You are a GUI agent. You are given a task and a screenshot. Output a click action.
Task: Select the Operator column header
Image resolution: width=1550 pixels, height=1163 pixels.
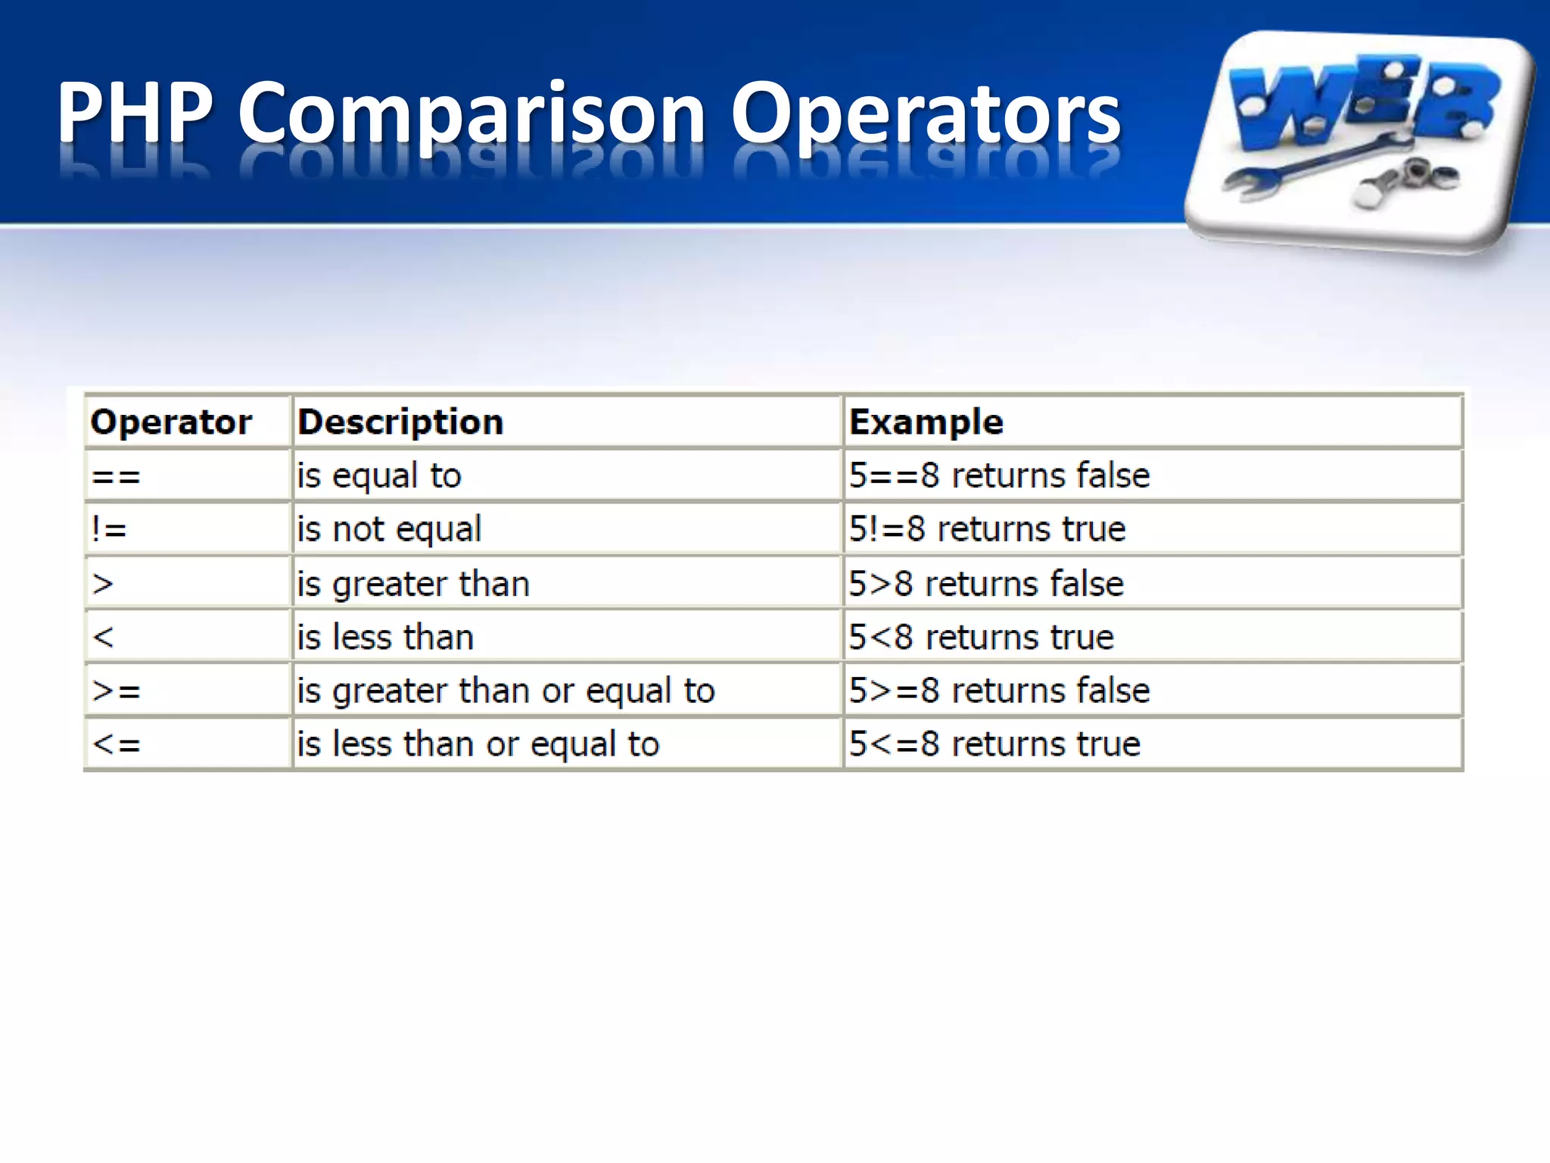pos(171,422)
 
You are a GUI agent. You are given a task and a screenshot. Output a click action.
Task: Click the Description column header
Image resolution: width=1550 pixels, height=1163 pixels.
pos(400,422)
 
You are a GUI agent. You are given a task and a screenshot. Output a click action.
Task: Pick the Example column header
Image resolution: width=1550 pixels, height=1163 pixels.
pos(926,422)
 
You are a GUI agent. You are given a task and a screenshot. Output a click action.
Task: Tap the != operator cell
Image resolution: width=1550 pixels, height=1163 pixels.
pos(109,529)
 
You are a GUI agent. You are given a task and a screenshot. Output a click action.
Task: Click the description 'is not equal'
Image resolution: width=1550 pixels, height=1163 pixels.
pos(389,529)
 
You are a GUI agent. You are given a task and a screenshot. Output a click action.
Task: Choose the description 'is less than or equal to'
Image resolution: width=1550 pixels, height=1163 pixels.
pos(478,744)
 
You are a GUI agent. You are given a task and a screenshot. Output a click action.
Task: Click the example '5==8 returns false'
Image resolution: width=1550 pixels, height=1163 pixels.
pos(999,476)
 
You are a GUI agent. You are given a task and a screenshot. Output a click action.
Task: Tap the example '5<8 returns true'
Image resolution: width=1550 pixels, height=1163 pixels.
pos(981,638)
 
